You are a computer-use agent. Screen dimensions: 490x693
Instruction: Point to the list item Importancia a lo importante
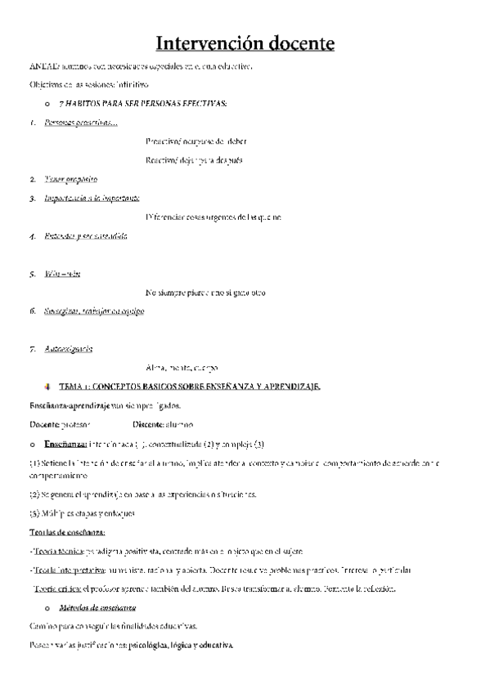point(92,198)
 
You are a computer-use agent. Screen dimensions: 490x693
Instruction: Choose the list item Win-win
point(62,274)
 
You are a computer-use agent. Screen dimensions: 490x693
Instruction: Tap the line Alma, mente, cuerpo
point(181,368)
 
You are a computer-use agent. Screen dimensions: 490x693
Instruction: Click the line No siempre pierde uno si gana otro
point(205,293)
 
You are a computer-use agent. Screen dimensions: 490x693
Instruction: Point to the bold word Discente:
point(147,424)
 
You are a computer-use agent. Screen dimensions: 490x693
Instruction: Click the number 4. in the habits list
point(32,237)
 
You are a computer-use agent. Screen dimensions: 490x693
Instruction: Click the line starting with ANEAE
point(140,65)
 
